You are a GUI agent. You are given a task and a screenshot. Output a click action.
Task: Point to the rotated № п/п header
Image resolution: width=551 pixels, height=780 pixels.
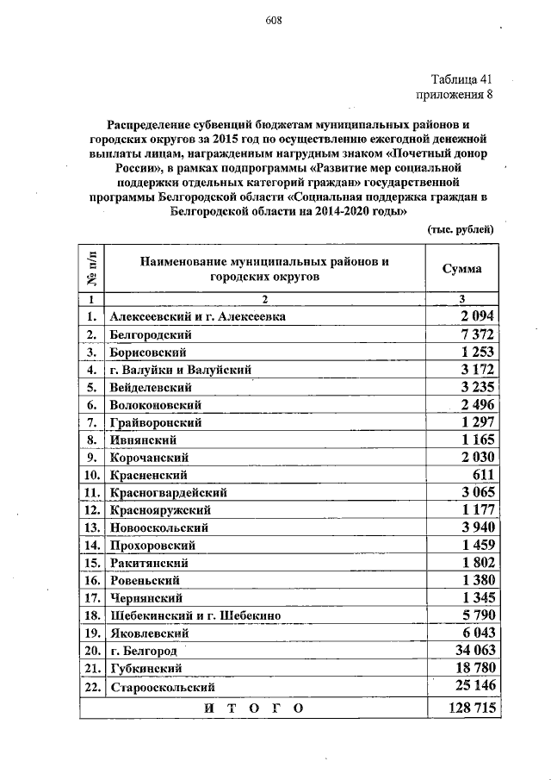tap(91, 269)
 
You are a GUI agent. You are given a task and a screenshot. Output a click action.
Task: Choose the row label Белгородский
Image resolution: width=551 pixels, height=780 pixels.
tap(151, 334)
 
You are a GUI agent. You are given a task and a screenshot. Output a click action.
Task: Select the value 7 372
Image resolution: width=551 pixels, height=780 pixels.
tap(475, 334)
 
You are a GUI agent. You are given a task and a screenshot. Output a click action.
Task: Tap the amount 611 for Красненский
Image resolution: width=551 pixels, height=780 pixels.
tap(481, 475)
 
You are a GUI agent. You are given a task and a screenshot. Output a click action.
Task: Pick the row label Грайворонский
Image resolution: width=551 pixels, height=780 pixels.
tap(155, 422)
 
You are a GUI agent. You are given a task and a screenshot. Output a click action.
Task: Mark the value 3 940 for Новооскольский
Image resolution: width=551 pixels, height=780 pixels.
tap(475, 527)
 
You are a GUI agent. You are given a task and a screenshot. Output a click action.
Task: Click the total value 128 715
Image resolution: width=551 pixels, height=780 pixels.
tap(468, 708)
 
